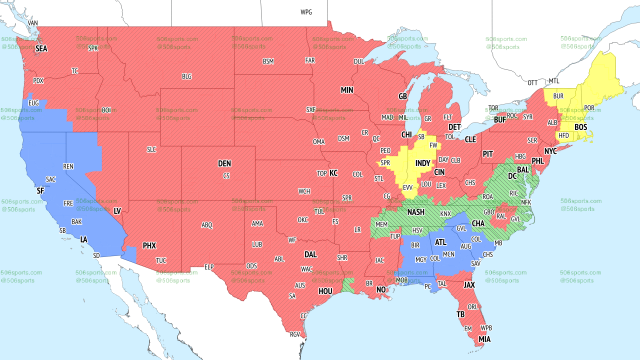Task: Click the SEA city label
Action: point(41,48)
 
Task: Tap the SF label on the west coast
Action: point(40,191)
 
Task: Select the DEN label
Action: point(224,163)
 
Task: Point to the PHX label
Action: point(149,245)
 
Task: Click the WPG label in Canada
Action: point(306,12)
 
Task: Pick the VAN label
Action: point(33,23)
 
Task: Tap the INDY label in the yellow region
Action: point(422,163)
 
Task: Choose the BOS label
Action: point(580,127)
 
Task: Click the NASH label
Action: point(415,212)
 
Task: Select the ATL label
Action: point(440,242)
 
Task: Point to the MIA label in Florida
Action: point(484,339)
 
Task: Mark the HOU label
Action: point(325,291)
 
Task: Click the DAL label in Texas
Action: point(310,254)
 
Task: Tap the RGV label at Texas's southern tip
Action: point(295,335)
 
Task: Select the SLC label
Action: point(151,149)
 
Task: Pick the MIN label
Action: point(347,90)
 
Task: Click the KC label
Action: point(333,173)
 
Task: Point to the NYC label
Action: point(550,150)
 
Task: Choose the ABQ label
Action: point(207,225)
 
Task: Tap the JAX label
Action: point(469,285)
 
